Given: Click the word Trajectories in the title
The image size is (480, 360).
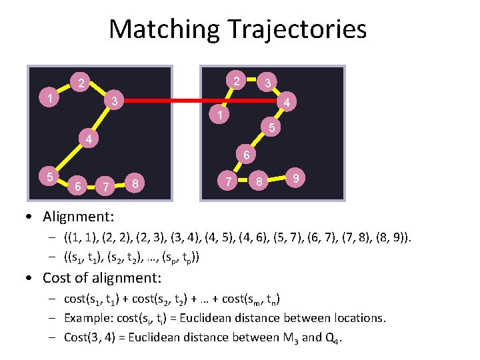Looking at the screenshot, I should click(x=297, y=30).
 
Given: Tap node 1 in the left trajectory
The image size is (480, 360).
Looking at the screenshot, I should click(x=50, y=99).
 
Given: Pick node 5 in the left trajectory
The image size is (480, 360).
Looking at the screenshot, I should click(x=50, y=177).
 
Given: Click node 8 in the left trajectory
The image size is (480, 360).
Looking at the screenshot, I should click(x=136, y=182).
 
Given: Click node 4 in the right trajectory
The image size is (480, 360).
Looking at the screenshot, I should click(x=285, y=103).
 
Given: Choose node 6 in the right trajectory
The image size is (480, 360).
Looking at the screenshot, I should click(x=245, y=156).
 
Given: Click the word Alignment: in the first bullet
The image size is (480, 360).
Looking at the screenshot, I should click(x=79, y=217).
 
